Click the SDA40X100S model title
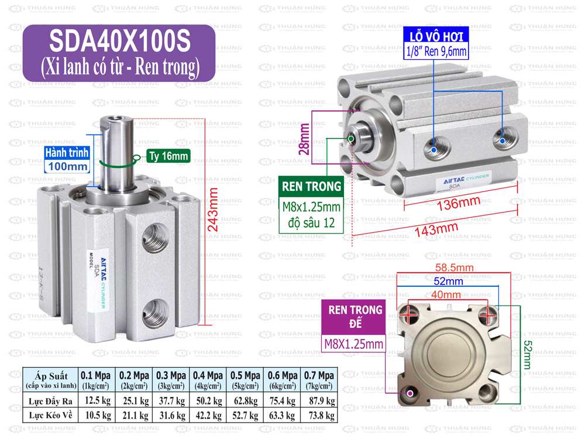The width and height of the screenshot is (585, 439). tap(119, 42)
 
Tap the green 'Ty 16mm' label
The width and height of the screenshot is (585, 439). tap(167, 156)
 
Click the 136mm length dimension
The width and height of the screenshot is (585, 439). tap(457, 204)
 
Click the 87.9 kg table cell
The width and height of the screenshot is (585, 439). tap(319, 401)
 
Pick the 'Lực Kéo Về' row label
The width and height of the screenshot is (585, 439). tap(51, 415)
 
